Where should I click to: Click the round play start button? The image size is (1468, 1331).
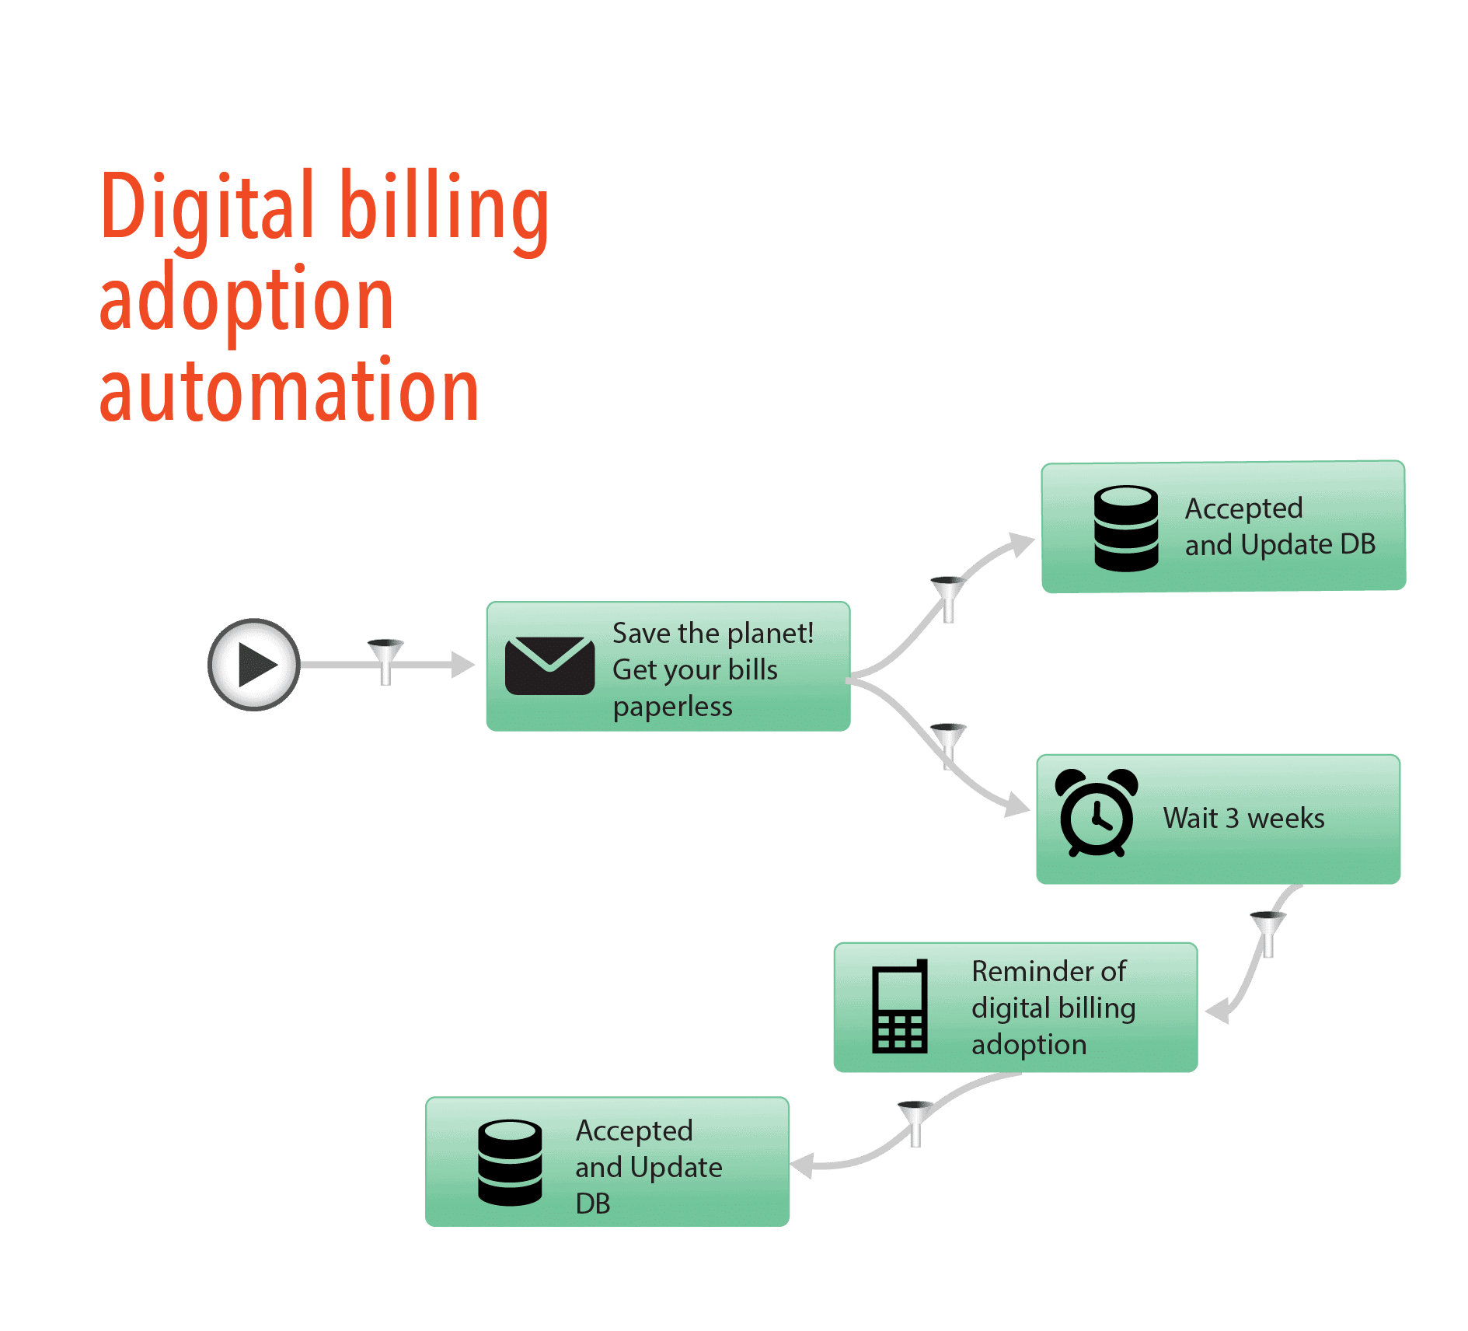254,665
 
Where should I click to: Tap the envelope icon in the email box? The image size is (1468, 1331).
549,665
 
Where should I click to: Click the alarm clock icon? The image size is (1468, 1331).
1096,812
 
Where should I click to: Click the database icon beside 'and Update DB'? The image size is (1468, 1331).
1126,529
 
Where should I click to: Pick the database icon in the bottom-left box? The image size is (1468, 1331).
510,1162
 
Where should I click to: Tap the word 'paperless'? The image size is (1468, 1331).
672,707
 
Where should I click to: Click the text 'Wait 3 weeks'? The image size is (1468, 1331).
1243,819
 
